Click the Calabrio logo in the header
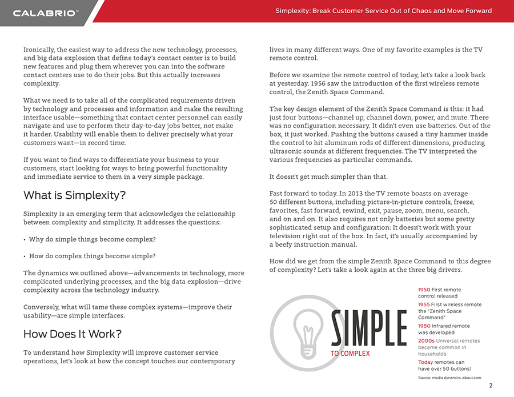click(46, 13)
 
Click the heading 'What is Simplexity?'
click(74, 195)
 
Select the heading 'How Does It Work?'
click(73, 334)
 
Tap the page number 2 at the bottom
click(491, 386)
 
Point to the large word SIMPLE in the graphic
click(368, 328)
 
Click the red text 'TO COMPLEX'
click(350, 354)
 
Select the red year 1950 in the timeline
click(424, 290)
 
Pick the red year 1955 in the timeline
click(424, 304)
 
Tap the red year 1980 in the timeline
click(424, 326)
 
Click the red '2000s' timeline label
click(426, 341)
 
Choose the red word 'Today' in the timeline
click(425, 362)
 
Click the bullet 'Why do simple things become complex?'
click(93, 239)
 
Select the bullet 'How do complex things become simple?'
click(93, 256)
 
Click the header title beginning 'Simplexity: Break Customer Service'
click(383, 11)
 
